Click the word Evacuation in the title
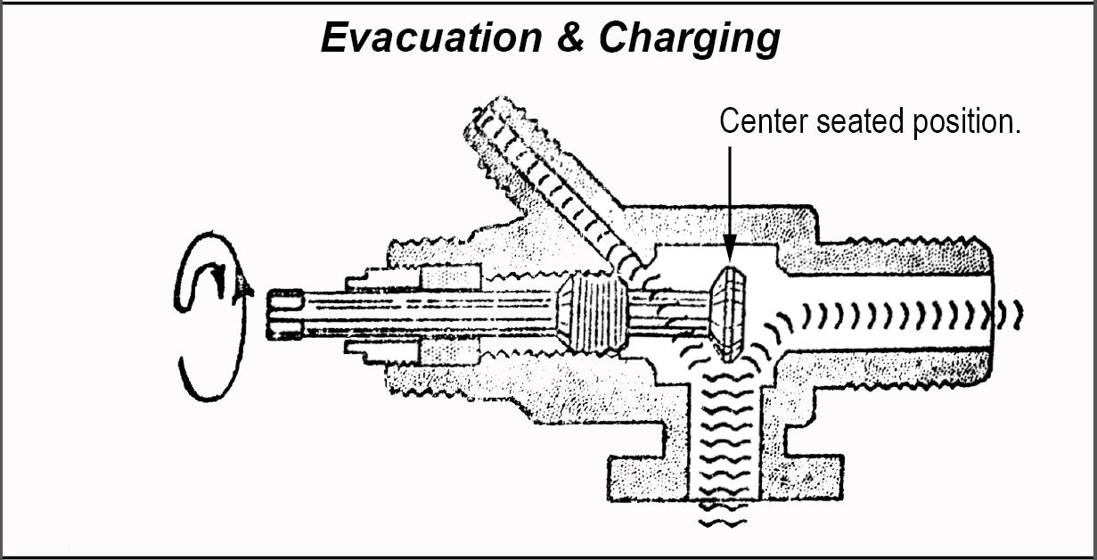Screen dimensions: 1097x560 pos(431,37)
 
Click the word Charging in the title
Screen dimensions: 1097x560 pos(690,40)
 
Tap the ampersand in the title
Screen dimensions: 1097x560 pos(570,37)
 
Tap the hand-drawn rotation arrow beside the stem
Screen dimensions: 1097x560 pos(211,316)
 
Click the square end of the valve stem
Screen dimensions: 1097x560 pos(285,315)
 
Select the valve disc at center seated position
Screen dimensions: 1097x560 pos(728,314)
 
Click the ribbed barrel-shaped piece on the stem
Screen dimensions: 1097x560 pos(592,313)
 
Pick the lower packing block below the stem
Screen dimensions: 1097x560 pos(449,351)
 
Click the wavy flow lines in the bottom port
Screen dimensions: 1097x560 pos(725,436)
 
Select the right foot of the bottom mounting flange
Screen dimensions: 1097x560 pos(802,478)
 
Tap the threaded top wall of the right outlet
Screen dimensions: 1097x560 pos(887,256)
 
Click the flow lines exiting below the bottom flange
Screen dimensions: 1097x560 pos(724,515)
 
